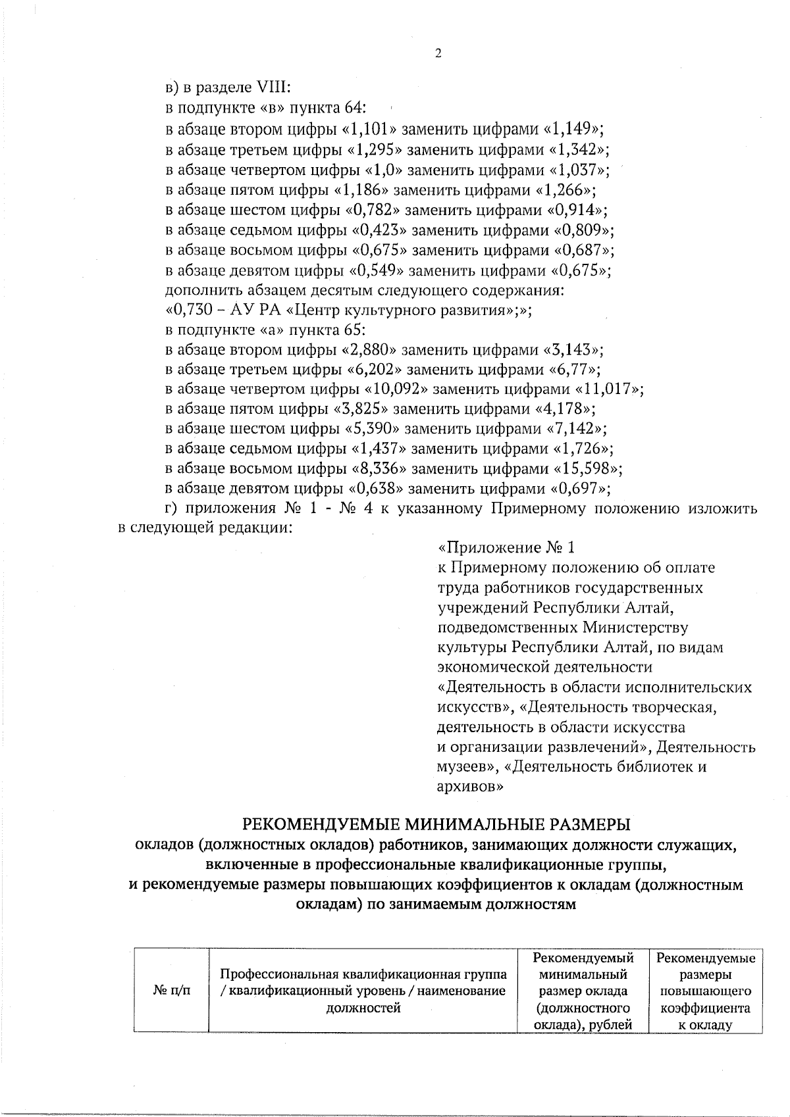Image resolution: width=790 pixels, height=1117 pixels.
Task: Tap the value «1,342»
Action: tap(579, 148)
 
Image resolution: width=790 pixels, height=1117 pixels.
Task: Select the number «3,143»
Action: tap(575, 349)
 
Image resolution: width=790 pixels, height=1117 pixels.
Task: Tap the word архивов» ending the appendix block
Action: tap(471, 786)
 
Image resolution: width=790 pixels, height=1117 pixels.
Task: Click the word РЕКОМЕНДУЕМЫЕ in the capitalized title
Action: tap(324, 824)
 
